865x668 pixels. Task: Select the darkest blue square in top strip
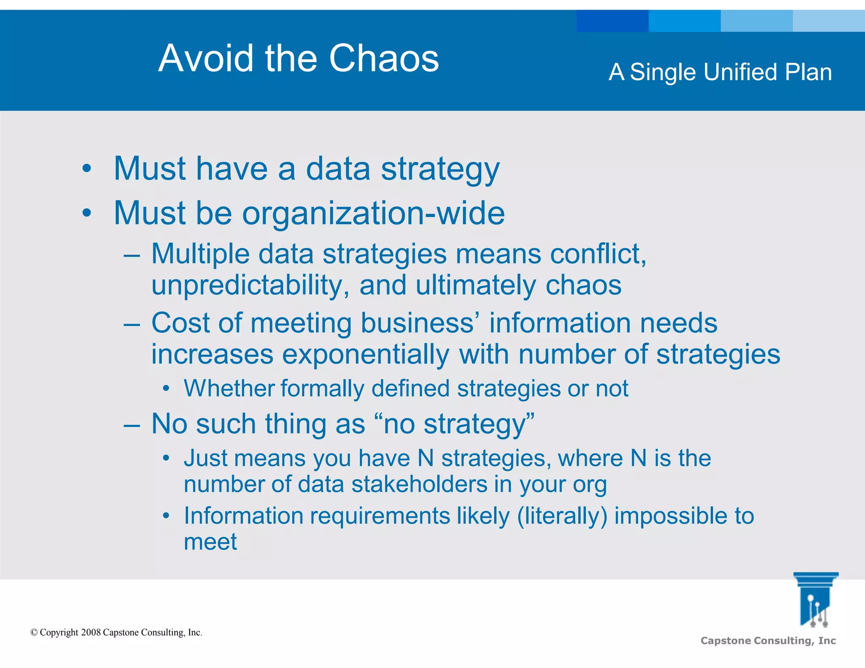pos(612,21)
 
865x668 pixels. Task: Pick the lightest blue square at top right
pos(829,21)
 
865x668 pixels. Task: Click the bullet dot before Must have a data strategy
pos(87,169)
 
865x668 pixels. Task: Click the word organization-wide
pos(373,213)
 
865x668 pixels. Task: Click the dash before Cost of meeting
pos(132,324)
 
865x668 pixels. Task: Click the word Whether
pos(228,388)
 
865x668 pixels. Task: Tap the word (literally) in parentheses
pos(562,516)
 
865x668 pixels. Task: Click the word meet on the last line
pos(210,542)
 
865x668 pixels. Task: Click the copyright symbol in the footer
pos(34,633)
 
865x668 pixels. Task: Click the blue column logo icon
pos(815,600)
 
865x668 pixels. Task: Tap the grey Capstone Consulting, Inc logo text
pos(768,641)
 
